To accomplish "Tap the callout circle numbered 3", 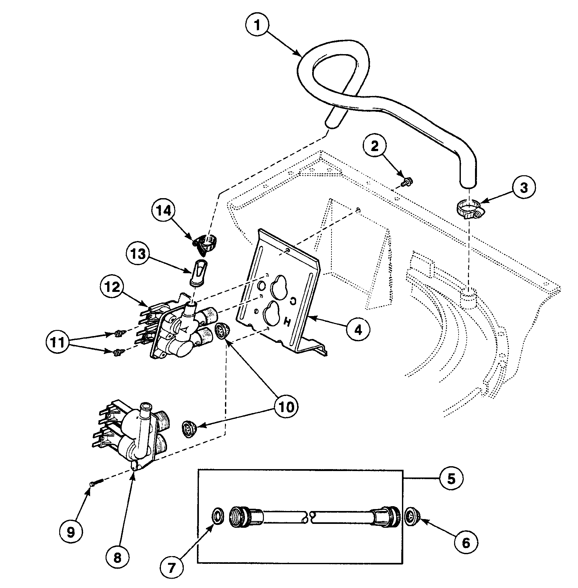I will pyautogui.click(x=524, y=188).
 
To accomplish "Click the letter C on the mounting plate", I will pyautogui.click(x=293, y=301).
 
